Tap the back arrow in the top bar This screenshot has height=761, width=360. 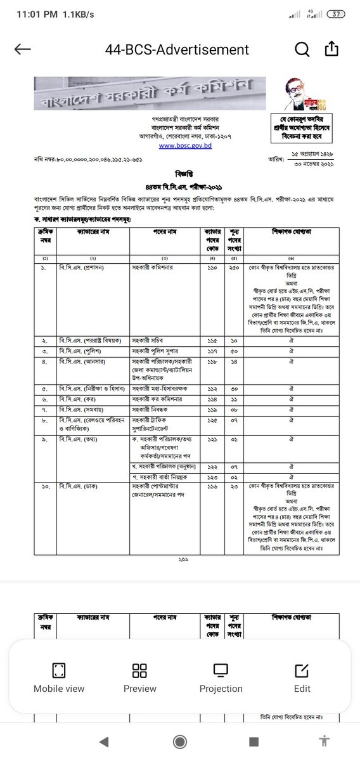click(x=22, y=49)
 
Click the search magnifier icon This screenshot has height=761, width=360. click(x=302, y=49)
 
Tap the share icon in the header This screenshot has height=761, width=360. click(x=331, y=49)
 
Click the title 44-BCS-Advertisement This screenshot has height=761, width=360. click(x=177, y=49)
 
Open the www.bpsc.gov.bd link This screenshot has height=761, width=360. click(x=184, y=145)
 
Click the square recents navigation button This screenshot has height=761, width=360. click(x=254, y=741)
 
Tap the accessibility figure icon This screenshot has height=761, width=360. click(x=325, y=740)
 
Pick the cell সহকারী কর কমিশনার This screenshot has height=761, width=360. click(x=158, y=400)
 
